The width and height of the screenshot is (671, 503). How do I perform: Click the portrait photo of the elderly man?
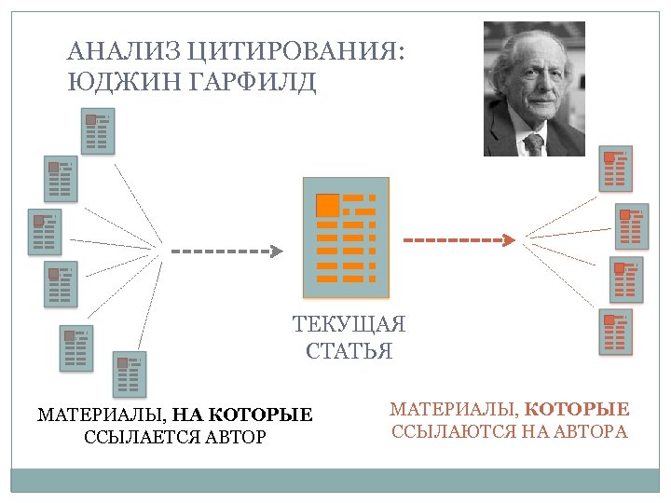coord(534,88)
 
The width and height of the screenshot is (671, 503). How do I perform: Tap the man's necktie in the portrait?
coord(535,144)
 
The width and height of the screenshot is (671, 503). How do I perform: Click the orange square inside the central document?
coord(327,206)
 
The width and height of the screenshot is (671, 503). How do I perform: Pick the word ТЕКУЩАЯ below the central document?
coord(349,325)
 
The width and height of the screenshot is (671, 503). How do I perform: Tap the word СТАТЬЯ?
coord(349,351)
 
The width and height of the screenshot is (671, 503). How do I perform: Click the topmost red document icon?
coord(614,167)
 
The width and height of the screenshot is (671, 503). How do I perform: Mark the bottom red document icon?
coord(614,332)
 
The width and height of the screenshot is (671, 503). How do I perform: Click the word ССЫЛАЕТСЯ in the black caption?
coord(133,436)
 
